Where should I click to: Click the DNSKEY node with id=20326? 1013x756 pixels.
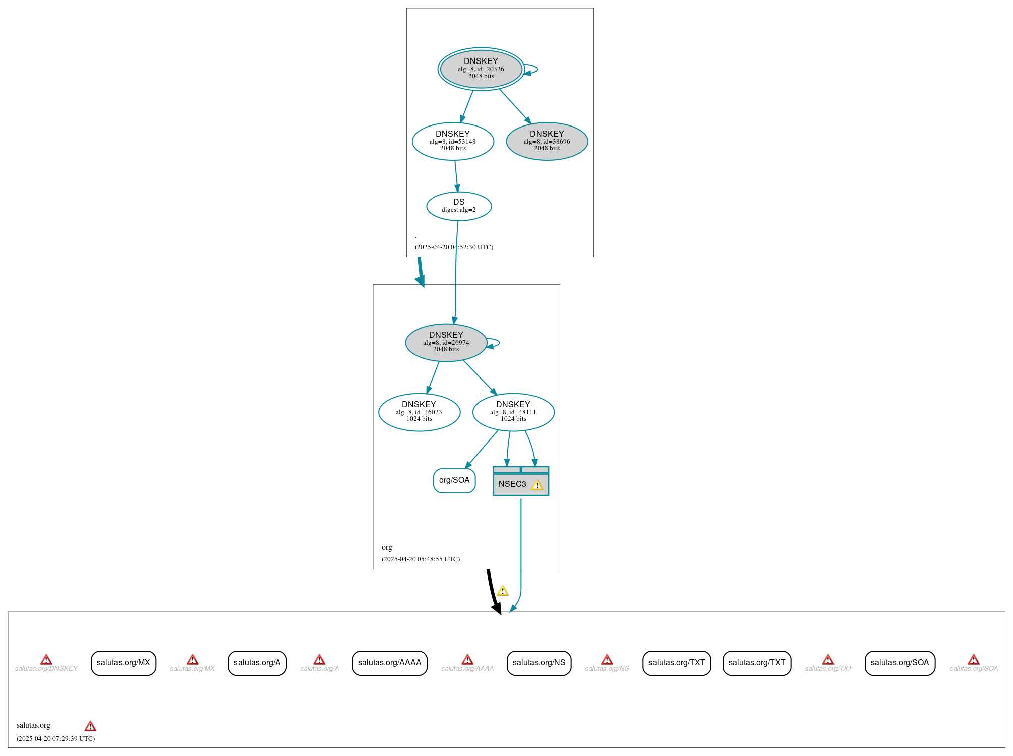(x=481, y=69)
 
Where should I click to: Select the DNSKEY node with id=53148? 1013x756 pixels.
(x=453, y=142)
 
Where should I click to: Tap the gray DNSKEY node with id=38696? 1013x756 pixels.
(x=547, y=142)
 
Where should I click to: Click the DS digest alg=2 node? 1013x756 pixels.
(x=459, y=206)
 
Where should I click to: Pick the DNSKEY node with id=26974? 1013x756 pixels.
(x=446, y=343)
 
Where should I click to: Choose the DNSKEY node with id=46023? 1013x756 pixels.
(x=419, y=412)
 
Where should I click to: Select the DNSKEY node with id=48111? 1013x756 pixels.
(x=513, y=412)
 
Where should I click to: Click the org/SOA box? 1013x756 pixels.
(x=454, y=480)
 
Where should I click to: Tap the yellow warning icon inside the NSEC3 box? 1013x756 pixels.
(x=537, y=485)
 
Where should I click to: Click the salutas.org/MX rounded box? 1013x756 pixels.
(x=124, y=663)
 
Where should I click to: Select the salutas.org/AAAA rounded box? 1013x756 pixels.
(x=389, y=663)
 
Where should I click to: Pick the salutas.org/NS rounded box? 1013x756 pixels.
(x=539, y=663)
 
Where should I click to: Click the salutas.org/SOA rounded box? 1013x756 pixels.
(x=900, y=663)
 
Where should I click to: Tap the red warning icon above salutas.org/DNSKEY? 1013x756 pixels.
(x=46, y=660)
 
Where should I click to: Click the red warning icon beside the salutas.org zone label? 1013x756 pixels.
(x=90, y=726)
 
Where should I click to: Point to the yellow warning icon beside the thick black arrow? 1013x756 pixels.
(x=503, y=591)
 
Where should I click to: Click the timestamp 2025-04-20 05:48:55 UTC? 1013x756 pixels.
(x=421, y=559)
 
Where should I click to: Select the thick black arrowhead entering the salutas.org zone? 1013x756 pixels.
(x=497, y=608)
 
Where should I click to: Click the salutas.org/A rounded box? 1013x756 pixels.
(x=257, y=663)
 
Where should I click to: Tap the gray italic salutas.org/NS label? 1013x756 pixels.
(x=607, y=669)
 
